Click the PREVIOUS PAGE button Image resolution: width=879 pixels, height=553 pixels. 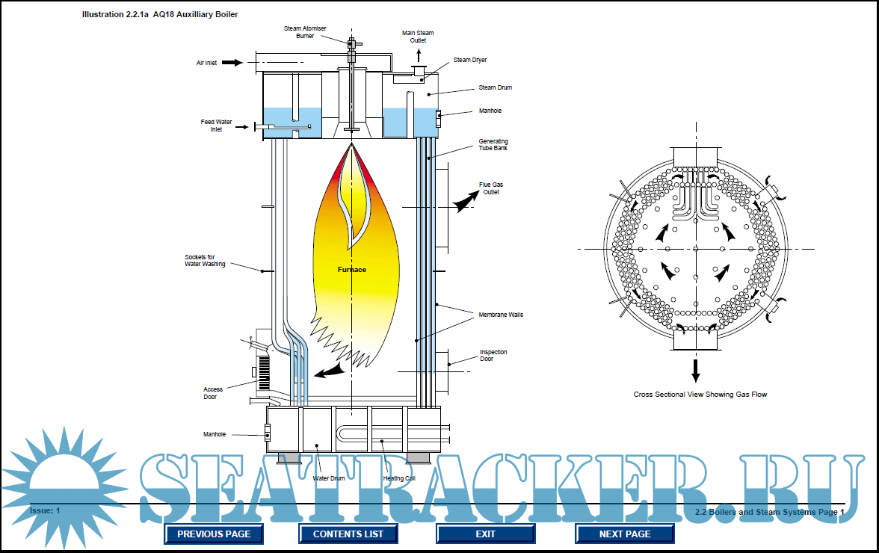tap(214, 534)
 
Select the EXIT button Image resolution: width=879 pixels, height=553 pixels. tap(486, 534)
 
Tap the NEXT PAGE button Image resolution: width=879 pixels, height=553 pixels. tap(625, 534)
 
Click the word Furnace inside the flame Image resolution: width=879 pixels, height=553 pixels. tap(351, 269)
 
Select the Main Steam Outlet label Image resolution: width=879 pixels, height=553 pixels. tap(418, 37)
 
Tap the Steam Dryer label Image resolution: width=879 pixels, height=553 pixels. tap(470, 60)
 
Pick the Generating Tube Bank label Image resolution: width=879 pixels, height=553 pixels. tap(493, 144)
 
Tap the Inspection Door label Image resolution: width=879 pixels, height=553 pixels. tap(493, 355)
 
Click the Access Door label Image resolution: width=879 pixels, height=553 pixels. tap(213, 393)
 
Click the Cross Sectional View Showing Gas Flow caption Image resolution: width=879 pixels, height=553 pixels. tap(700, 394)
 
